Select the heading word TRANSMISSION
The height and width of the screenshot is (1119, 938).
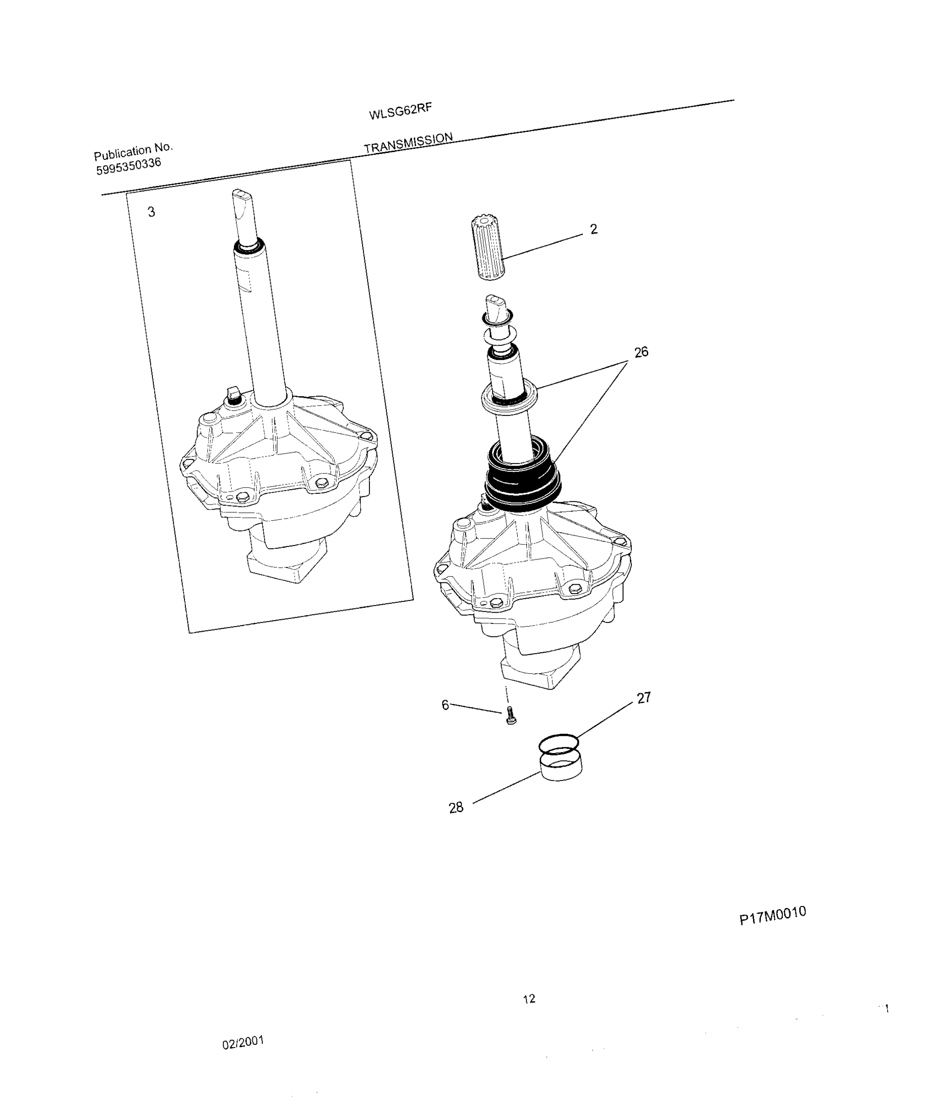pos(408,143)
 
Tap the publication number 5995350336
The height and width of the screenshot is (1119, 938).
pos(128,166)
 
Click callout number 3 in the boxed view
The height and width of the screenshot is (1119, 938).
pos(151,212)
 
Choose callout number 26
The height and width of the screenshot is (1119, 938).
pos(641,352)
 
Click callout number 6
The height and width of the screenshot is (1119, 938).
pos(445,705)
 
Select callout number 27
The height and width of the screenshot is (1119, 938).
pos(644,698)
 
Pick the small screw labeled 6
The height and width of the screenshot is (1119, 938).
pos(510,715)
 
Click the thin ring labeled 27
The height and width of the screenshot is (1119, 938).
pos(558,744)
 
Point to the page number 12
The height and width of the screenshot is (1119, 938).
pos(529,999)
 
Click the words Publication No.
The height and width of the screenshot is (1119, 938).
pos(133,152)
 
